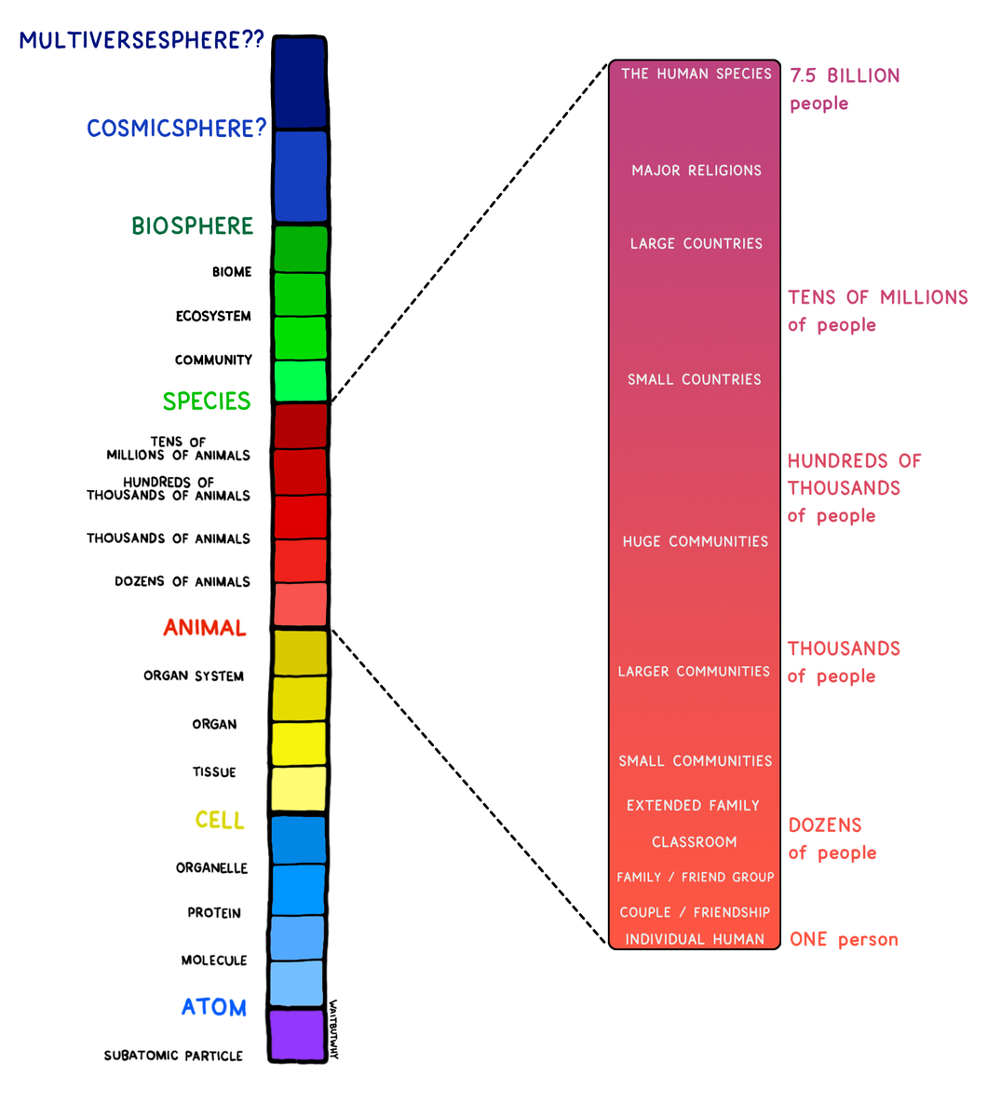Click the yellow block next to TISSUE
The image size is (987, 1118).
click(299, 789)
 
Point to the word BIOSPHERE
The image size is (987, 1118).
click(192, 226)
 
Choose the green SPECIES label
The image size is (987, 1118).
click(207, 402)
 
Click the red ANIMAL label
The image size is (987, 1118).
click(205, 628)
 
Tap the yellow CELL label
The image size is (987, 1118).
click(220, 821)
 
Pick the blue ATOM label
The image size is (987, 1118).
click(214, 1007)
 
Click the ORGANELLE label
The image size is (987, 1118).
click(212, 868)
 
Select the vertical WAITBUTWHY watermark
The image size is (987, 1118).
click(333, 1029)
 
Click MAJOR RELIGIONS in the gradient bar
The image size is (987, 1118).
click(696, 170)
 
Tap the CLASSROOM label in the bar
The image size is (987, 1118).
click(695, 842)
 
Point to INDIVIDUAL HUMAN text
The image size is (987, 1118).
click(695, 939)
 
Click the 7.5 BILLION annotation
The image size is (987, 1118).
click(845, 76)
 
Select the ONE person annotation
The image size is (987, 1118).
click(844, 939)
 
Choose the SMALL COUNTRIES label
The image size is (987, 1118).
click(695, 380)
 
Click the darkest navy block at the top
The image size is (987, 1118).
click(300, 81)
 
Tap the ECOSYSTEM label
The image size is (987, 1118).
click(213, 317)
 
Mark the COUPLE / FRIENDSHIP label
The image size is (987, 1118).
click(695, 912)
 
